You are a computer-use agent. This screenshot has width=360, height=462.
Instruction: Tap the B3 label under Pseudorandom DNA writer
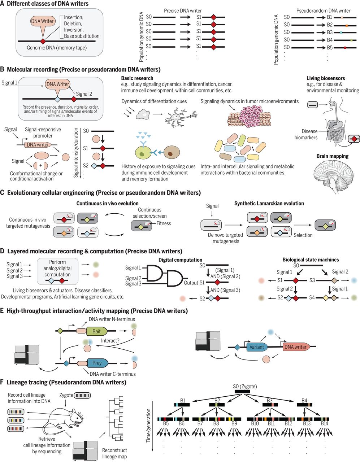click(x=329, y=32)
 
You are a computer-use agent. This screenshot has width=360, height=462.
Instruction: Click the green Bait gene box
click(x=96, y=331)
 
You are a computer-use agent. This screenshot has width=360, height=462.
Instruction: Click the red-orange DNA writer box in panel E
click(x=295, y=347)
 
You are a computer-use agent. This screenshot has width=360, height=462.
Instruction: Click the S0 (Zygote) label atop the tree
click(x=245, y=387)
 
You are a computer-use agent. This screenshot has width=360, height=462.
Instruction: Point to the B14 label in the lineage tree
click(x=324, y=423)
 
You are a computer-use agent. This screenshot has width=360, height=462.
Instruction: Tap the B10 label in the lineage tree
click(x=255, y=423)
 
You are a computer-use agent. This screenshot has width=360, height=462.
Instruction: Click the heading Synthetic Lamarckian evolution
click(x=269, y=204)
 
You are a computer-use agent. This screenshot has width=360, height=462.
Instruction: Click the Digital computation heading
click(x=180, y=260)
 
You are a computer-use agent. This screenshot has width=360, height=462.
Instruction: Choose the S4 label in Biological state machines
click(x=313, y=298)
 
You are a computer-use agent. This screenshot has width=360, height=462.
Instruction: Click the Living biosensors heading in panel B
click(x=326, y=78)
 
